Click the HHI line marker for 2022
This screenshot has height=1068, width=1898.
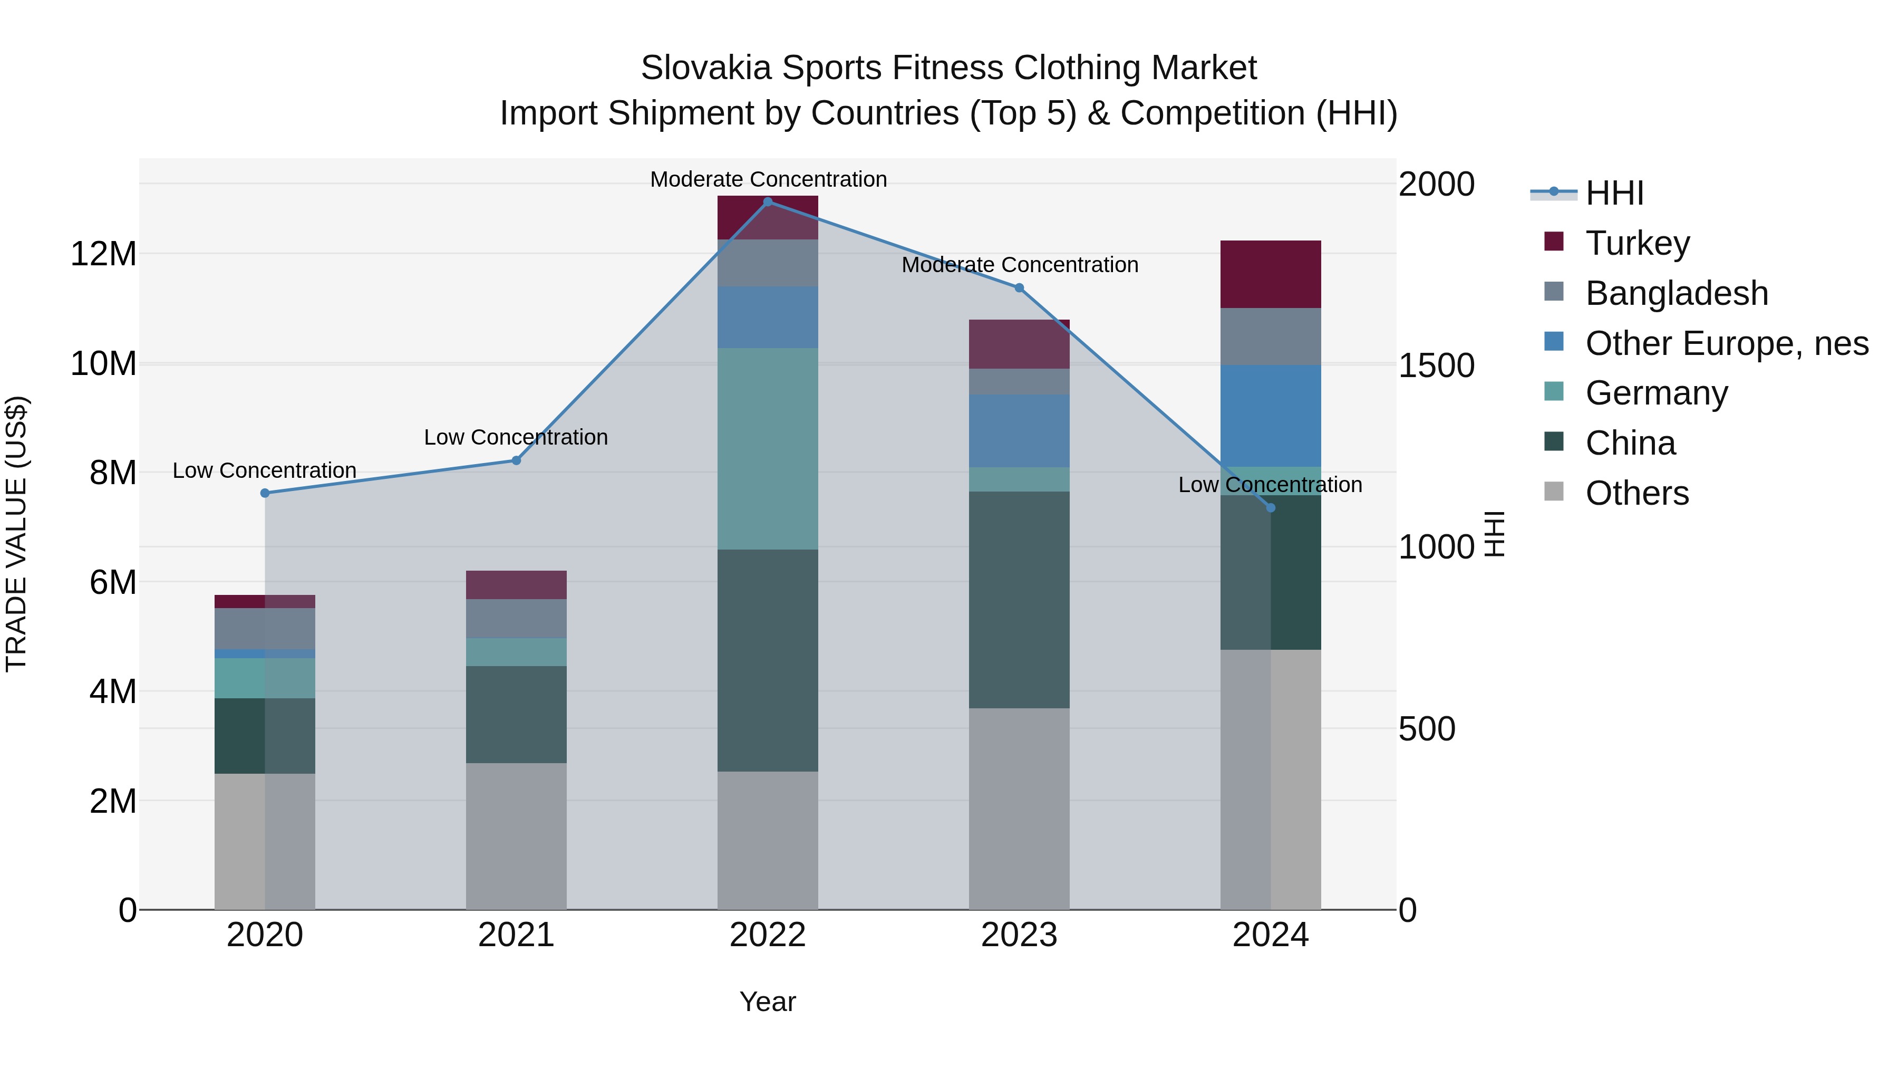point(768,202)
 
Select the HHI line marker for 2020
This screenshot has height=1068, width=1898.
point(265,493)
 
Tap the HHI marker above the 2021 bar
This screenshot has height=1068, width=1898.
point(517,460)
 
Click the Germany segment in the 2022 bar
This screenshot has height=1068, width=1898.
point(768,449)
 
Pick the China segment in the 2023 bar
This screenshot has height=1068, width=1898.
point(1019,600)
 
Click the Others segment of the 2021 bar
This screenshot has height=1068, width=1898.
point(517,836)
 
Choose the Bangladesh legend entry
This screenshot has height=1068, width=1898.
point(1676,293)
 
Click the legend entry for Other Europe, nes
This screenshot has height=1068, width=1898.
point(1726,343)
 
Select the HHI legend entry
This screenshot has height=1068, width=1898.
point(1614,193)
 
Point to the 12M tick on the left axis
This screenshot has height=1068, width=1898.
point(103,254)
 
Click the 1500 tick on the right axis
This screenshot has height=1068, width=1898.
point(1436,365)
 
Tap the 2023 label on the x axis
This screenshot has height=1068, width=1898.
point(1019,935)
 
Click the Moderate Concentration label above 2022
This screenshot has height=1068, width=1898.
point(768,179)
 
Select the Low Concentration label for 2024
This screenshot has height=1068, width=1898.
point(1270,485)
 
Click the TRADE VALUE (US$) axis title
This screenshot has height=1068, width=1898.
point(16,534)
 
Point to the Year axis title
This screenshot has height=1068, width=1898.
point(768,1002)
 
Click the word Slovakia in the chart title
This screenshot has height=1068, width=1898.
point(706,68)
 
